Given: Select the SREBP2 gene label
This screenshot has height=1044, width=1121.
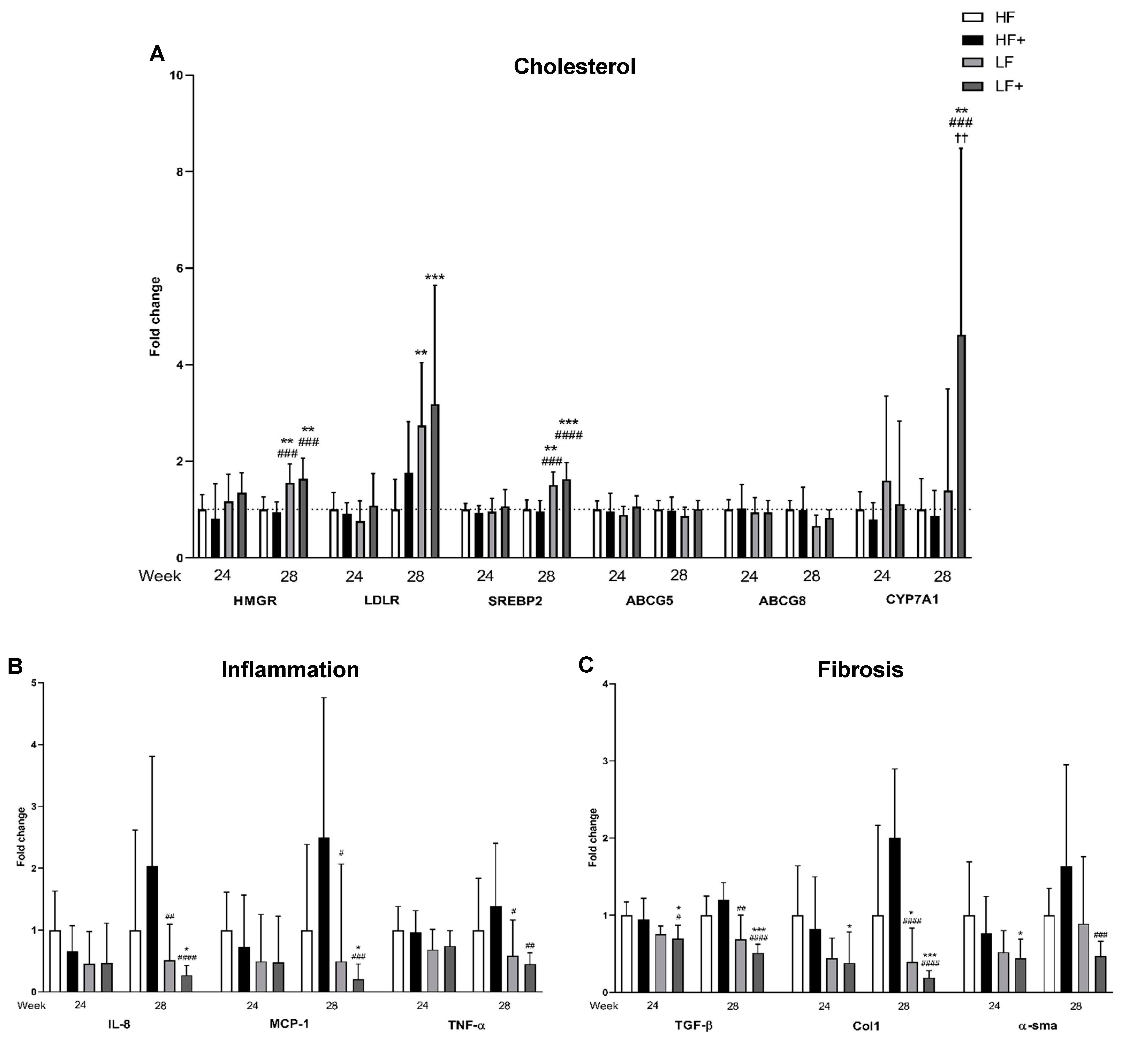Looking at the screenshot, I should [515, 600].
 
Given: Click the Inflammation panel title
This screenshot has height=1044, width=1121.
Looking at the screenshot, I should [290, 670].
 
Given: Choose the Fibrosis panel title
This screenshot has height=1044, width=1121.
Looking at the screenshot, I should [860, 670].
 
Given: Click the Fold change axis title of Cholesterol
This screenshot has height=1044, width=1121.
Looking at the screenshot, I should [155, 317].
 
